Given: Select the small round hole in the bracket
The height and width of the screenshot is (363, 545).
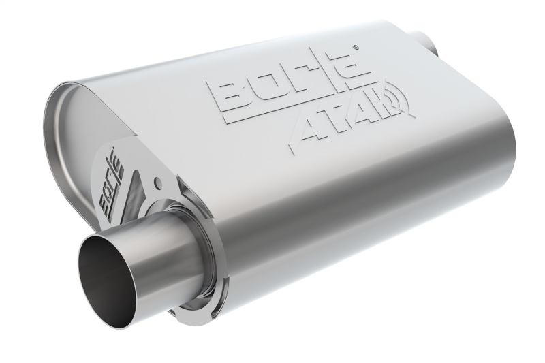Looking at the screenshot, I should pyautogui.click(x=158, y=183).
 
